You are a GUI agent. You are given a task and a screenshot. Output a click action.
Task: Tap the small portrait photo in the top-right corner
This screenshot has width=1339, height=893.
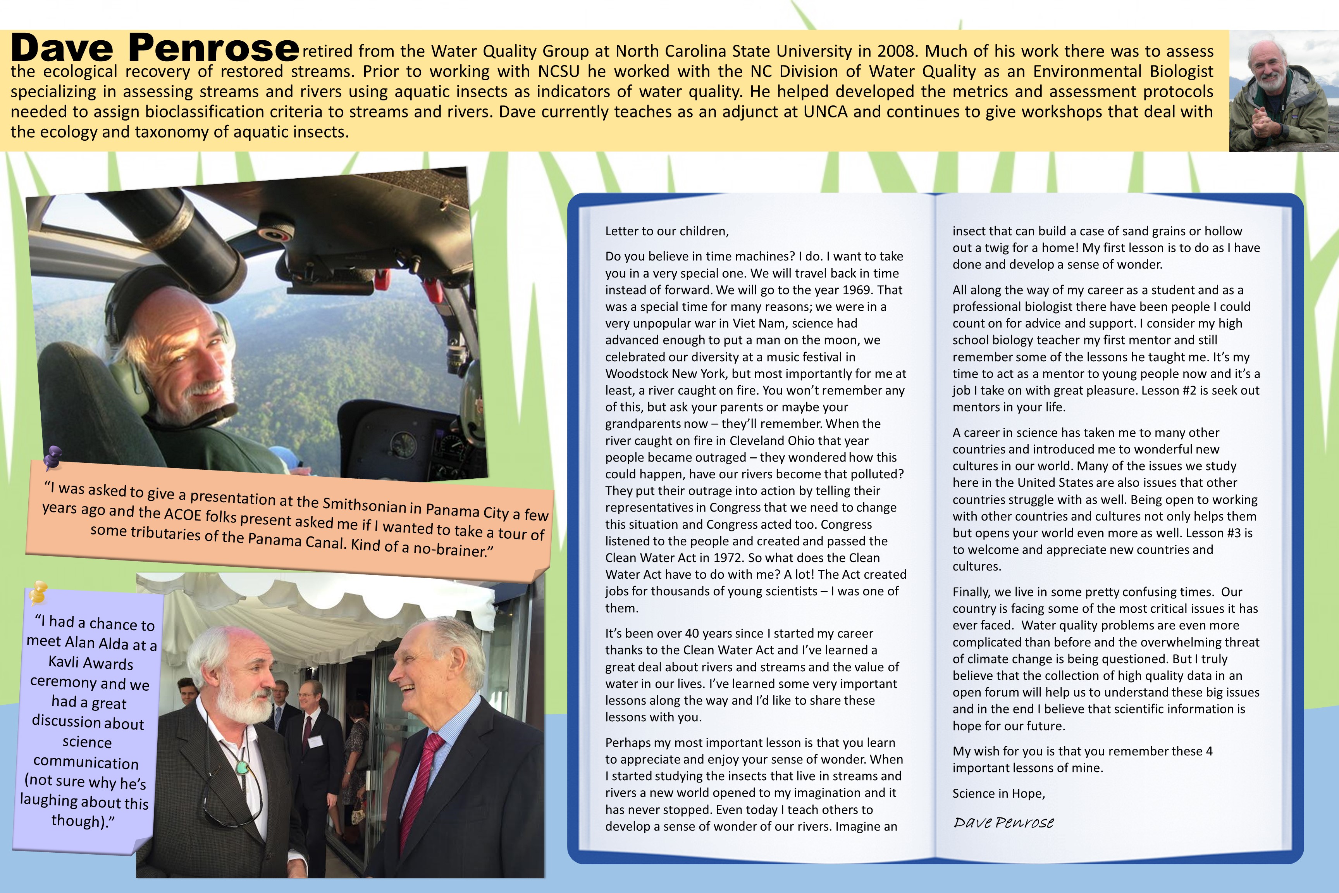pyautogui.click(x=1283, y=91)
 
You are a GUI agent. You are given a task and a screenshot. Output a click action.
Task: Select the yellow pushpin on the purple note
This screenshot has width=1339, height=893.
pyautogui.click(x=38, y=592)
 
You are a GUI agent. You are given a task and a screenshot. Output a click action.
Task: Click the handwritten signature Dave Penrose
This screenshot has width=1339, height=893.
pyautogui.click(x=1003, y=822)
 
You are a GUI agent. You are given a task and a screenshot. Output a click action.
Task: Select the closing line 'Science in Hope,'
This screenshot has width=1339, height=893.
pyautogui.click(x=998, y=793)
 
